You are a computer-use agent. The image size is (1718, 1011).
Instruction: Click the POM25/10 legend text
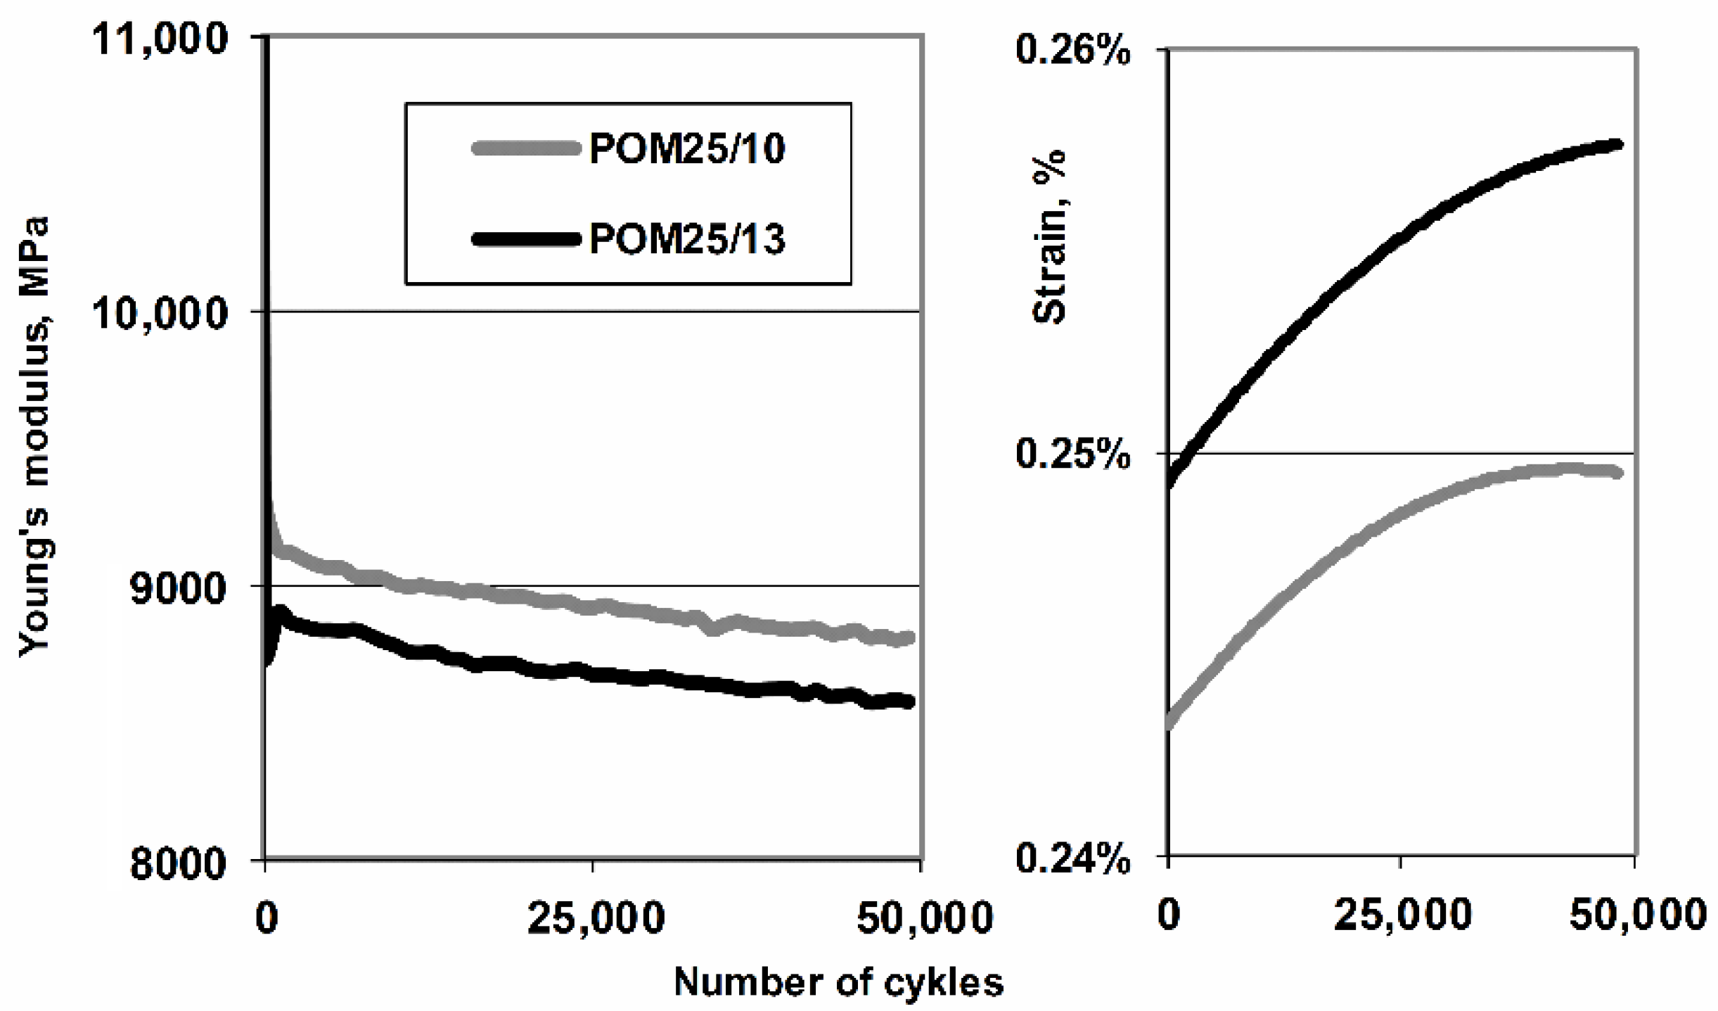coord(687,149)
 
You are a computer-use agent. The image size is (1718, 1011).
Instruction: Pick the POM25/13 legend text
coord(687,240)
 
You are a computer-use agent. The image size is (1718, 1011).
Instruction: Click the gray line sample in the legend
coord(527,148)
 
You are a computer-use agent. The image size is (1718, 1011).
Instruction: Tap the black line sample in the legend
coord(527,240)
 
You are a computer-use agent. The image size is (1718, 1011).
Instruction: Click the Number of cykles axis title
coord(838,983)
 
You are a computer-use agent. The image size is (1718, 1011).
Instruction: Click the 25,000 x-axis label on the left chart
coord(595,920)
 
